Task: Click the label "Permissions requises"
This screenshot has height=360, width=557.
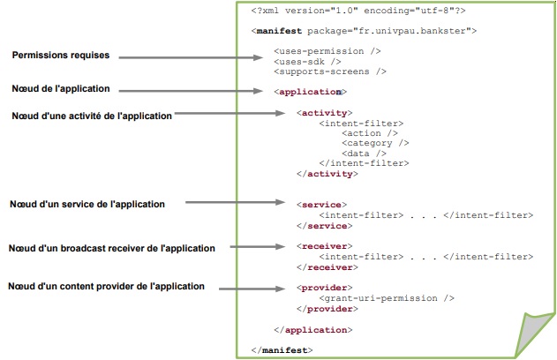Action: pyautogui.click(x=61, y=56)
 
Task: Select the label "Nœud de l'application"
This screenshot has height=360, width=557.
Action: pyautogui.click(x=62, y=88)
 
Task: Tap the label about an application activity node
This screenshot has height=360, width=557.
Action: pyautogui.click(x=92, y=115)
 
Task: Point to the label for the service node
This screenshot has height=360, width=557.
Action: pyautogui.click(x=87, y=204)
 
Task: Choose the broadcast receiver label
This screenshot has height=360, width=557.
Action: pyautogui.click(x=112, y=248)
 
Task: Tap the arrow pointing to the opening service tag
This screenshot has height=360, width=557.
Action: pyautogui.click(x=239, y=204)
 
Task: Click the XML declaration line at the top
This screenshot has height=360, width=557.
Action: pyautogui.click(x=358, y=11)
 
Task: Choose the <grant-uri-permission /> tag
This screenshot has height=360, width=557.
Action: pyautogui.click(x=387, y=298)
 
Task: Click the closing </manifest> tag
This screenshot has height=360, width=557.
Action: pyautogui.click(x=282, y=350)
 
